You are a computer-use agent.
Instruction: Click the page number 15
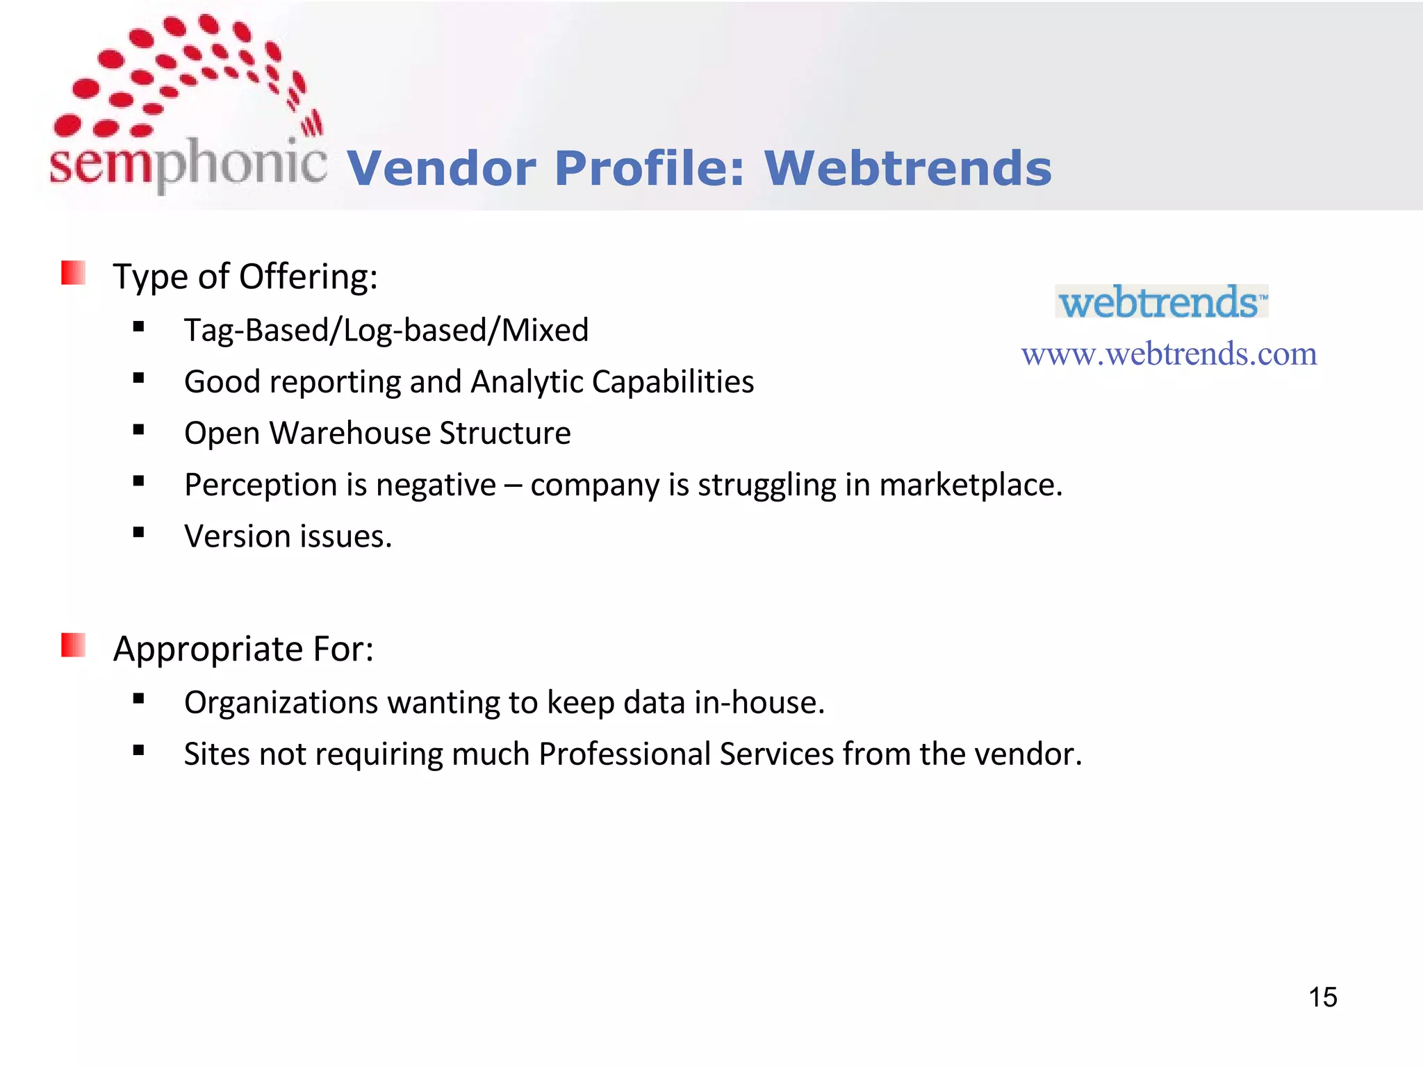point(1322,998)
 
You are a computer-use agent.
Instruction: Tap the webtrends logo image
point(1162,301)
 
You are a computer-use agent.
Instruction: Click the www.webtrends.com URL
point(1169,354)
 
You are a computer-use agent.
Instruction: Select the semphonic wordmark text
point(188,163)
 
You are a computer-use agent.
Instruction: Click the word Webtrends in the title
point(907,169)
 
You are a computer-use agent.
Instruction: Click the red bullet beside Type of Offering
point(73,273)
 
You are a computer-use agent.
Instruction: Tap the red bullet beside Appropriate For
point(73,645)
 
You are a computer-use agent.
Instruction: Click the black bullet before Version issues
point(139,533)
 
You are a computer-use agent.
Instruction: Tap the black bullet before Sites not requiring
point(139,750)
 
